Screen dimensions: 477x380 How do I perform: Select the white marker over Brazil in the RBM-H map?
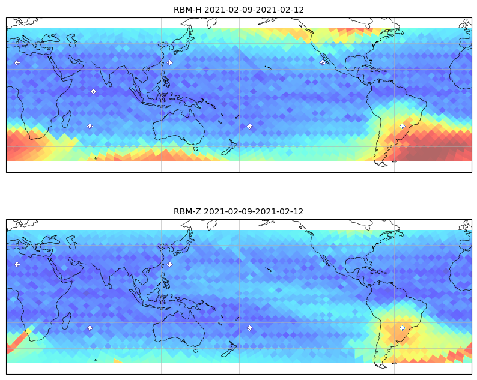click(x=402, y=126)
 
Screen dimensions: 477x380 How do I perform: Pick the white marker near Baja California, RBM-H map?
click(x=322, y=62)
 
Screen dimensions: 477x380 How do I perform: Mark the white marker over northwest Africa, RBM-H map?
click(x=17, y=62)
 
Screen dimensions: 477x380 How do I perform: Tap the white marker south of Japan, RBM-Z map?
click(x=170, y=264)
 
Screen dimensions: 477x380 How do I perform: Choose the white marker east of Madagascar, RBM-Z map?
click(x=90, y=328)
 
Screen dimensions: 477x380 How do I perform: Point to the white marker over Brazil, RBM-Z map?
click(x=402, y=328)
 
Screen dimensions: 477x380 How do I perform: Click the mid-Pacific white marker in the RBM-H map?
click(x=249, y=126)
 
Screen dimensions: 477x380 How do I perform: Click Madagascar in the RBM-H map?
click(x=67, y=119)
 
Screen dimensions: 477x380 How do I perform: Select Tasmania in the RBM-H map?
click(x=196, y=149)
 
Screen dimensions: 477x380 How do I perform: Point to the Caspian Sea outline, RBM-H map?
click(x=73, y=40)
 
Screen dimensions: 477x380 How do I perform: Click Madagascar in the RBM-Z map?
click(x=67, y=321)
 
